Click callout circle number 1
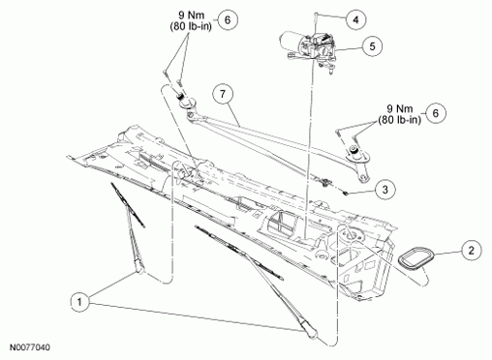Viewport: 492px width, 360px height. [x=80, y=302]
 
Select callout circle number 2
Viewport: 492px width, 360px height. [x=472, y=250]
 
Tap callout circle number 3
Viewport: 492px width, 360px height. [x=385, y=190]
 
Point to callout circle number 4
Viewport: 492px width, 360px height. [x=355, y=19]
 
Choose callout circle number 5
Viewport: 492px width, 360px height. [x=372, y=46]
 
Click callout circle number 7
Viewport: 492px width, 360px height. [x=223, y=94]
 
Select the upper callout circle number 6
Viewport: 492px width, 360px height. [x=228, y=20]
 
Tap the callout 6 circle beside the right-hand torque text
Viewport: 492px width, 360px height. [x=436, y=113]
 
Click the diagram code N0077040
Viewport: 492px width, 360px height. [x=30, y=347]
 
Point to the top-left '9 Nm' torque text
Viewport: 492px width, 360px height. [x=192, y=15]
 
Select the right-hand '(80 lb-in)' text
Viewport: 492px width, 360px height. [x=400, y=120]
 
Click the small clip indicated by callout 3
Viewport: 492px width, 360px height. [x=346, y=193]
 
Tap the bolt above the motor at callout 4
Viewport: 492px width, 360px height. [x=315, y=22]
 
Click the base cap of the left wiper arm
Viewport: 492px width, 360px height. [x=140, y=267]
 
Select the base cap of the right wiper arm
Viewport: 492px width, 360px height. [x=310, y=333]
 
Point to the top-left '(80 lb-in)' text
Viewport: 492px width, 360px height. [x=191, y=26]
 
